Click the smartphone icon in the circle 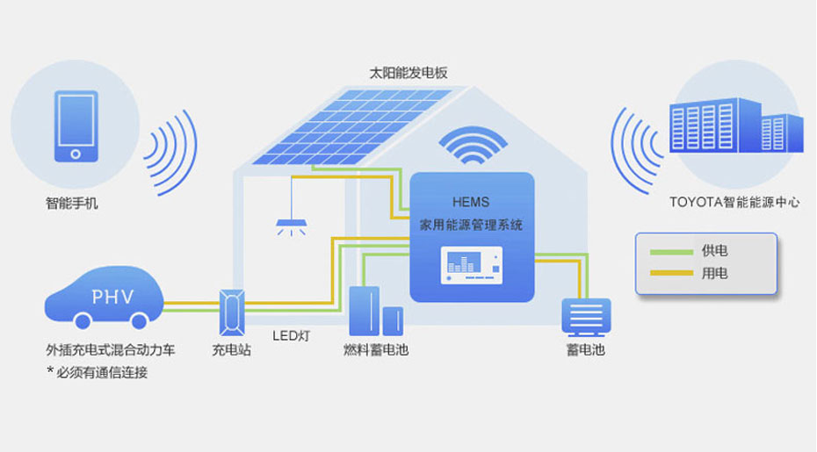(x=75, y=126)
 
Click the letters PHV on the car (x=112, y=297)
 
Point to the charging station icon (x=231, y=311)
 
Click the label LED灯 (x=292, y=335)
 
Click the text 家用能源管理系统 (x=472, y=225)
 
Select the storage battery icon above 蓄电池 (x=586, y=317)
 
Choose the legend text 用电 (x=714, y=273)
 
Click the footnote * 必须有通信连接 (x=97, y=372)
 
